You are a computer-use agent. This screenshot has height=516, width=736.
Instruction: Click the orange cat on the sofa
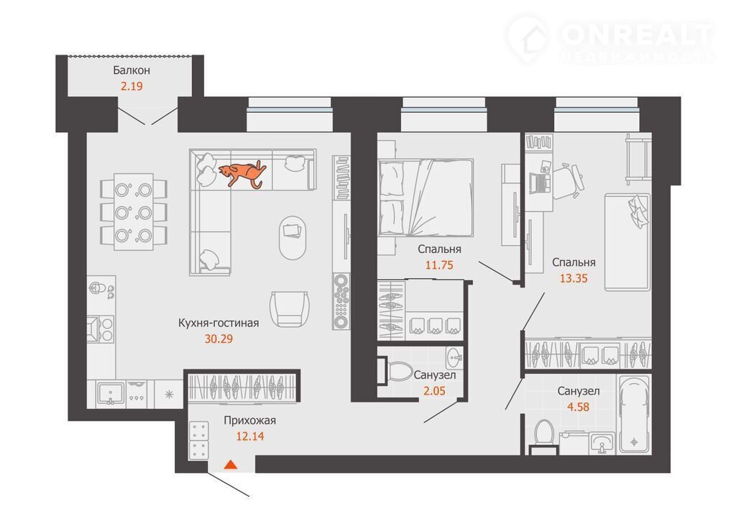(242, 174)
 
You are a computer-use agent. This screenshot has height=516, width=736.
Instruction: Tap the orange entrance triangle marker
(230, 465)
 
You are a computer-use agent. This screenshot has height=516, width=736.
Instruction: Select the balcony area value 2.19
(132, 86)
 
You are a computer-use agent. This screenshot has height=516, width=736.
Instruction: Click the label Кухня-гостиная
(218, 323)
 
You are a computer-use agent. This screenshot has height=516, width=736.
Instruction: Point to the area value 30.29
(218, 339)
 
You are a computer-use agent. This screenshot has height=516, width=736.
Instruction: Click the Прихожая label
(249, 420)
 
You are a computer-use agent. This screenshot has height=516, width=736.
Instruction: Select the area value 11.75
(439, 265)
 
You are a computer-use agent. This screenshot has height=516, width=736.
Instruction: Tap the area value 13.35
(574, 278)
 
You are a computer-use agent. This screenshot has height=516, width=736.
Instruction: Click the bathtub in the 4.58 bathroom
(635, 414)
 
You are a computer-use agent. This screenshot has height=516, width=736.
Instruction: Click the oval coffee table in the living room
(293, 238)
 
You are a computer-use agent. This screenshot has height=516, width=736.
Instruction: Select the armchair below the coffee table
(290, 308)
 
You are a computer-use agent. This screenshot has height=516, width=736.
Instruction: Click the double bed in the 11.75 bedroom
(425, 198)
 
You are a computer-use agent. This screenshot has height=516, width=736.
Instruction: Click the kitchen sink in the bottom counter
(111, 393)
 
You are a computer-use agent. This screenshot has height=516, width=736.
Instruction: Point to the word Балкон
(132, 70)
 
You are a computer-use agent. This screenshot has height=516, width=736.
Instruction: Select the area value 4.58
(579, 407)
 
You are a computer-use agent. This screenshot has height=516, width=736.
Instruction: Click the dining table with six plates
(134, 212)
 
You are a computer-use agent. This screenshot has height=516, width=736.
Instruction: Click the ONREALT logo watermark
(610, 39)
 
